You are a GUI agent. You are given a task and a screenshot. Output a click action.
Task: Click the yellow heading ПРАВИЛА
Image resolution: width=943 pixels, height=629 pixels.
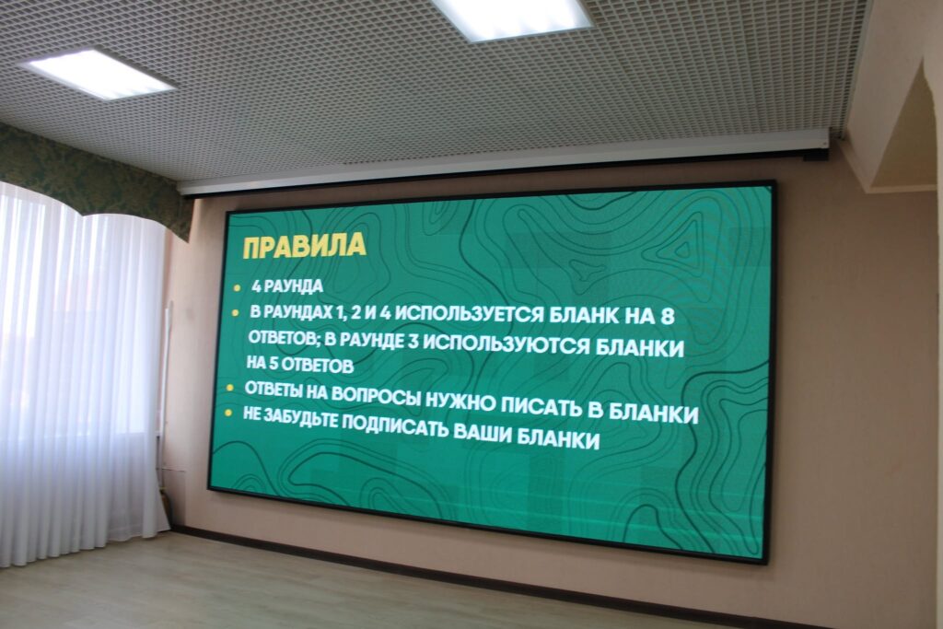(x=304, y=246)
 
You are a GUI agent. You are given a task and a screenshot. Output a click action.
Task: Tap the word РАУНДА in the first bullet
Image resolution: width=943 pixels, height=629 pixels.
(x=294, y=286)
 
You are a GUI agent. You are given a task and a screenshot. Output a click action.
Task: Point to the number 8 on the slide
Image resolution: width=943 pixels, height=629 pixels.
(x=667, y=316)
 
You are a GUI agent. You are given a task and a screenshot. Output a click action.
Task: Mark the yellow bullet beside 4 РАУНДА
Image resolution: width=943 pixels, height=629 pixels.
(x=238, y=288)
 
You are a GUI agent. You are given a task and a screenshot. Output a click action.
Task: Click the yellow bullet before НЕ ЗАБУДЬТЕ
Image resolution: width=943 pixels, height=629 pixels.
(x=228, y=414)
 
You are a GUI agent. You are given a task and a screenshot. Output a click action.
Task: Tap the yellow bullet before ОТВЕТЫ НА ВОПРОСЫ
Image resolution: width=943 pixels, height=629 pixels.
(x=229, y=388)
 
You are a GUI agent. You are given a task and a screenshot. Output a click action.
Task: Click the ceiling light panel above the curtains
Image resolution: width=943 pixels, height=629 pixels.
(x=99, y=74)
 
